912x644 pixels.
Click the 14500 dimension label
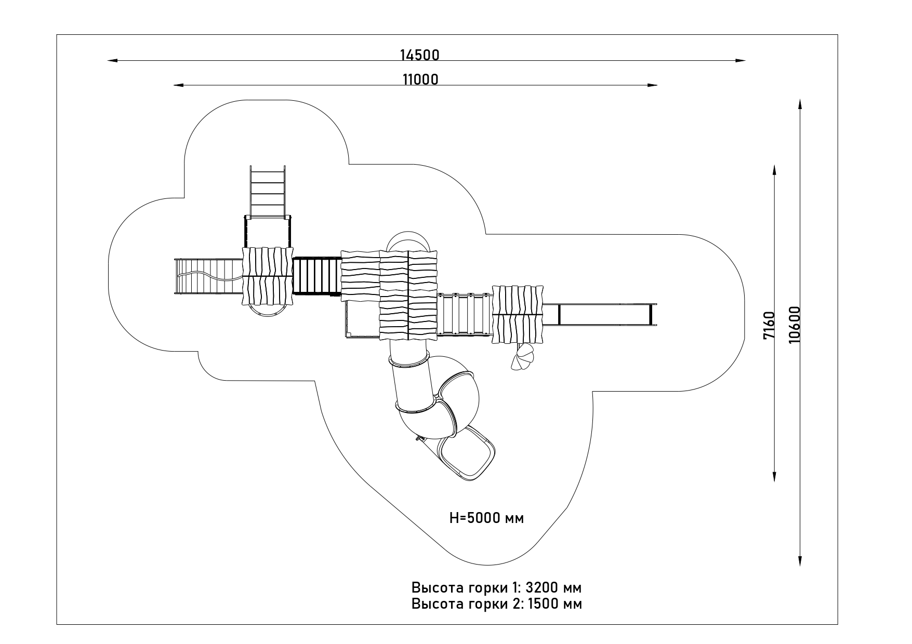[x=419, y=55]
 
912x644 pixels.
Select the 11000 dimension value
[x=420, y=79]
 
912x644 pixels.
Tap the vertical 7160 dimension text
[x=769, y=325]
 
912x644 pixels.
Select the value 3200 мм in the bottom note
[x=554, y=588]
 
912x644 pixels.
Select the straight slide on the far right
[x=600, y=314]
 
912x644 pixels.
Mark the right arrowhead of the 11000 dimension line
[x=652, y=85]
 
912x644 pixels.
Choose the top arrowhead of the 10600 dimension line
[x=800, y=103]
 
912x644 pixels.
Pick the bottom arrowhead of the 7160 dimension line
[x=774, y=477]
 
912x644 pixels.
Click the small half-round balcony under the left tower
[x=267, y=310]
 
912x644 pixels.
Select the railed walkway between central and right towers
[x=465, y=314]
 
